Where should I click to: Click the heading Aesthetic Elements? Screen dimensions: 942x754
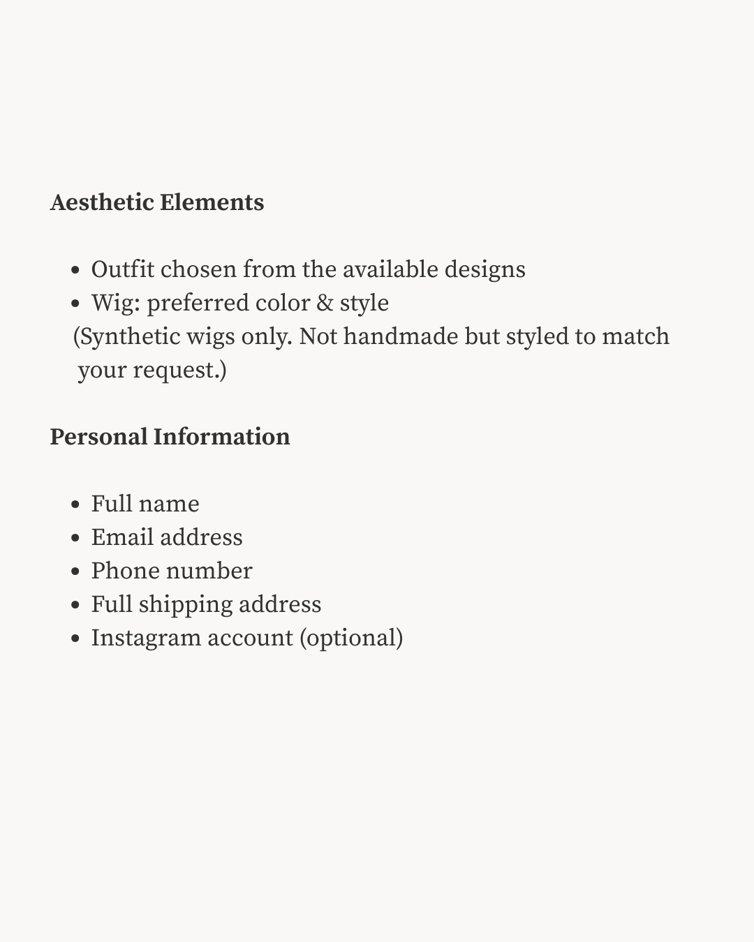(157, 202)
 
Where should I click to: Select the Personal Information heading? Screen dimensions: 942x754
(170, 437)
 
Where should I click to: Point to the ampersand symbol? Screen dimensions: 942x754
(325, 303)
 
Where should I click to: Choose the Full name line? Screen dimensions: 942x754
(145, 504)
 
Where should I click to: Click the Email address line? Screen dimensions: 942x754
(167, 537)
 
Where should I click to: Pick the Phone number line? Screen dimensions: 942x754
(172, 571)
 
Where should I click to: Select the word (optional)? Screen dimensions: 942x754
(351, 638)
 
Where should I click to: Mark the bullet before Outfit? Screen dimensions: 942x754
(76, 271)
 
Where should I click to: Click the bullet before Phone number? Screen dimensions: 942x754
(76, 572)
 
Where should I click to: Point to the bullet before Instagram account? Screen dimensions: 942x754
(76, 639)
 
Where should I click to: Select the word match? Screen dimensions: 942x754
(635, 336)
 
